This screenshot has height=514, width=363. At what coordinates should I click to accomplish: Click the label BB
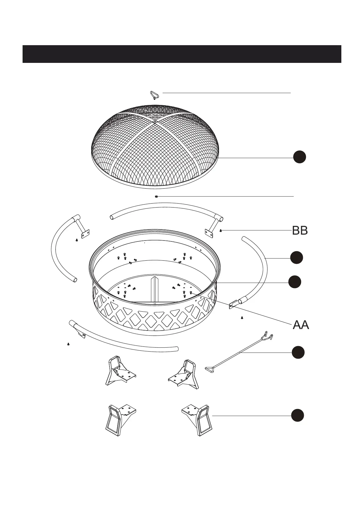pyautogui.click(x=300, y=231)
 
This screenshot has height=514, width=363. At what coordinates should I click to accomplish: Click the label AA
pyautogui.click(x=301, y=325)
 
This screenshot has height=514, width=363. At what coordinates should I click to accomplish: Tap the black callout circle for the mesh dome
pyautogui.click(x=300, y=157)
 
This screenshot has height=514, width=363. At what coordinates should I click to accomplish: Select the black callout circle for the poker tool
pyautogui.click(x=298, y=353)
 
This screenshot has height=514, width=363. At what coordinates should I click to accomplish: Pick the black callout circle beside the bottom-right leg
pyautogui.click(x=297, y=416)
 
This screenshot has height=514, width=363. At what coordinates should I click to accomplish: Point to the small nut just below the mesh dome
pyautogui.click(x=156, y=197)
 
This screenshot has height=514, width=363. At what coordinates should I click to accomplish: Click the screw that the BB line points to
pyautogui.click(x=221, y=230)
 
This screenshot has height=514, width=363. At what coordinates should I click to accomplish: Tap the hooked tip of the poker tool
pyautogui.click(x=268, y=336)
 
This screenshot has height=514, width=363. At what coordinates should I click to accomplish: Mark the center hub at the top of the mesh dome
pyautogui.click(x=155, y=121)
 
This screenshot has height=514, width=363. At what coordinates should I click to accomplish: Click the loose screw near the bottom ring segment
pyautogui.click(x=68, y=344)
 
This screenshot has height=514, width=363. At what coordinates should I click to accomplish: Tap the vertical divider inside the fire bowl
pyautogui.click(x=155, y=290)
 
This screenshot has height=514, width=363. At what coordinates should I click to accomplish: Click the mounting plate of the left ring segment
pyautogui.click(x=85, y=234)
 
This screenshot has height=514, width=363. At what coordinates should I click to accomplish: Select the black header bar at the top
pyautogui.click(x=182, y=54)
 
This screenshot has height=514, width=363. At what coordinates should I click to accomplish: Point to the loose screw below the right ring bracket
pyautogui.click(x=242, y=318)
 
